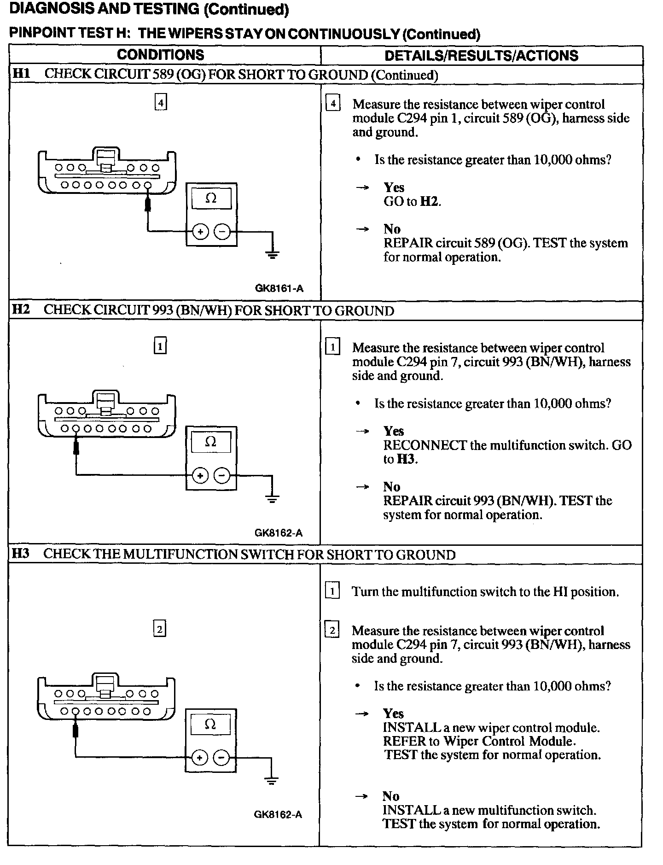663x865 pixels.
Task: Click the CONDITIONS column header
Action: click(160, 55)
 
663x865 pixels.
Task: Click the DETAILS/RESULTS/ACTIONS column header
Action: click(481, 56)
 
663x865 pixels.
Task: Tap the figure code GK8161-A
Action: click(279, 289)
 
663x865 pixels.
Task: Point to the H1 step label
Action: click(21, 74)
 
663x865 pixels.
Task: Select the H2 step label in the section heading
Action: click(21, 310)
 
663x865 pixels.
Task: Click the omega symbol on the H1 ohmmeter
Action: click(211, 199)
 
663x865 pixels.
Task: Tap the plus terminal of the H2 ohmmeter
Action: click(200, 475)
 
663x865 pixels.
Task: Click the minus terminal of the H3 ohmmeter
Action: click(221, 758)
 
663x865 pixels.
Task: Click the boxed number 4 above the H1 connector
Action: click(160, 102)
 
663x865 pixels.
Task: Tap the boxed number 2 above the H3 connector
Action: click(159, 629)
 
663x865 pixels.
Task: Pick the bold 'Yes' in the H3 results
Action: click(393, 714)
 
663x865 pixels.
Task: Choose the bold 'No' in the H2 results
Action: click(392, 487)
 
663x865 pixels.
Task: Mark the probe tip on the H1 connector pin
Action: click(148, 203)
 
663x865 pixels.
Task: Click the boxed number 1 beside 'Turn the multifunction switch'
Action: click(332, 590)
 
